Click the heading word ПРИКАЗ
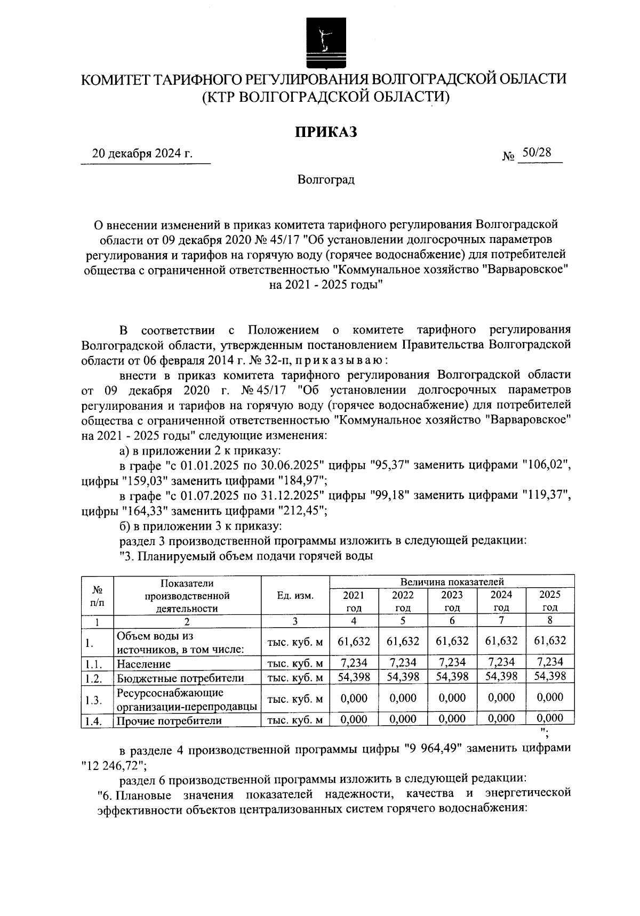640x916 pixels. coord(326,132)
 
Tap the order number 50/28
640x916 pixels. coord(536,153)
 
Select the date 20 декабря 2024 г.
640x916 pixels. coord(142,154)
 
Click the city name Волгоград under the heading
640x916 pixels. coord(326,180)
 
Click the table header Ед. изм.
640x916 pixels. coord(295,595)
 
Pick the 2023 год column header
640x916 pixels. coord(452,601)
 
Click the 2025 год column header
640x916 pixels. coord(550,601)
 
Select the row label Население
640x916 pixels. coord(144,664)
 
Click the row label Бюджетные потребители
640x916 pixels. coord(180,678)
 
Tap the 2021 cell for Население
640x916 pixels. coord(354,662)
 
